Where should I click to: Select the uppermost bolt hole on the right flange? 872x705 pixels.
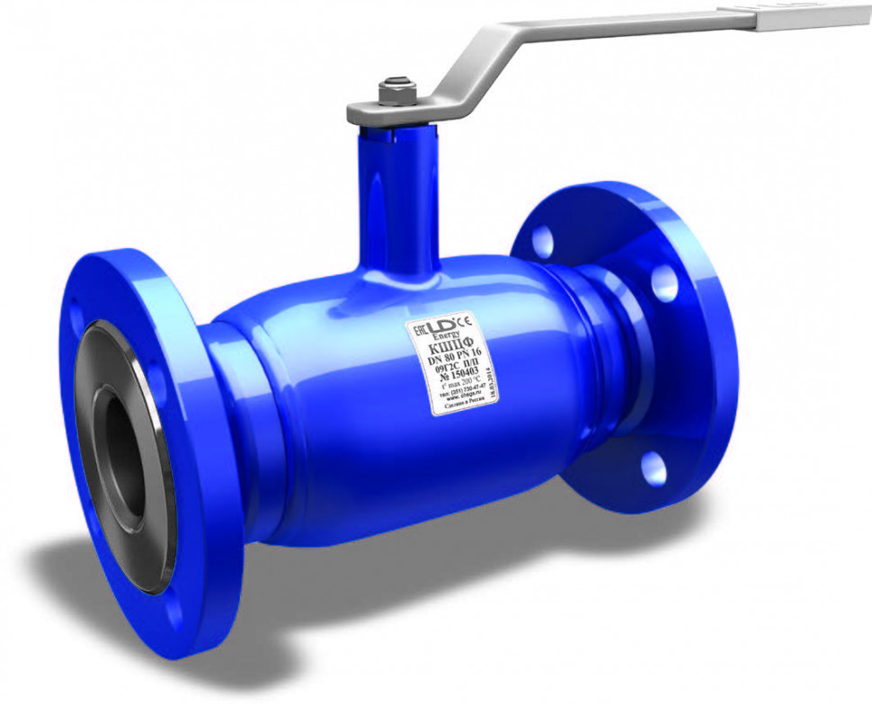click(x=542, y=240)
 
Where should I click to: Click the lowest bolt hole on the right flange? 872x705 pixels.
click(x=654, y=466)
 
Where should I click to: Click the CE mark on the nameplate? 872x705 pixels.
click(x=466, y=319)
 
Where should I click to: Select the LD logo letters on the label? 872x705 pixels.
click(x=442, y=326)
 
